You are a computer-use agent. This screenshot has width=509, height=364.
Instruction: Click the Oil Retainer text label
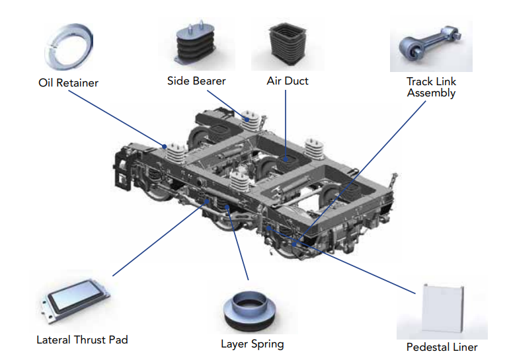[68, 83]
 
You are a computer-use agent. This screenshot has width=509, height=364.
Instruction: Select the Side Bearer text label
[196, 81]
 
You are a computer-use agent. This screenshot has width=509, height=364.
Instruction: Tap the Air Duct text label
[288, 81]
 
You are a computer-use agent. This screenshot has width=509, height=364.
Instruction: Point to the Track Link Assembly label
[431, 87]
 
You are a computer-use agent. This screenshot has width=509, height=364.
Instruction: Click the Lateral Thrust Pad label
[82, 340]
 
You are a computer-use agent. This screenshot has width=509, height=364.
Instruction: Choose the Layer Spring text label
[252, 344]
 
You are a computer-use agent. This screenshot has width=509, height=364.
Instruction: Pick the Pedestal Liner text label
[442, 347]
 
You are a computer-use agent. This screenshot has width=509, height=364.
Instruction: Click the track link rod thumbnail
[430, 46]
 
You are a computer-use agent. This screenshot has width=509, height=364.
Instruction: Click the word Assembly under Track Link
[431, 93]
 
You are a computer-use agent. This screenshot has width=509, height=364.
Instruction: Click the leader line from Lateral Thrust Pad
[159, 238]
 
